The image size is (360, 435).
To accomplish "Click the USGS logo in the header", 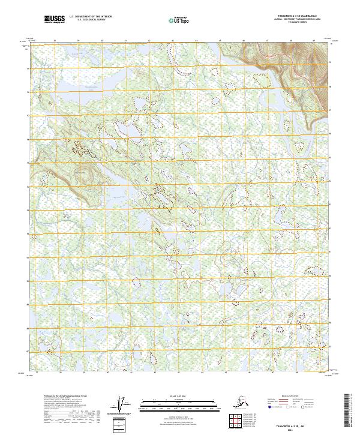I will click(55, 20).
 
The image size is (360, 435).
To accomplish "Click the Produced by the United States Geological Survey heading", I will click(64, 395).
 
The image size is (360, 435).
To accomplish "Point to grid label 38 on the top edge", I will click(55, 40).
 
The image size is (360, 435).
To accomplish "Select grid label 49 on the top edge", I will click(314, 40).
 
